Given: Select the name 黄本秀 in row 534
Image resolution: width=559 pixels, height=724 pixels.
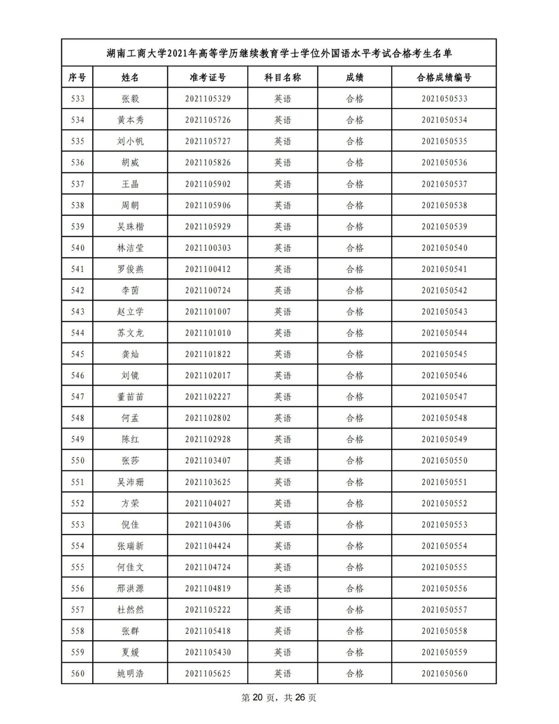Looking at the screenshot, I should coord(130,120).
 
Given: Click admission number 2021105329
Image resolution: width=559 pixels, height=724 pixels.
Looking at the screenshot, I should coord(208,99).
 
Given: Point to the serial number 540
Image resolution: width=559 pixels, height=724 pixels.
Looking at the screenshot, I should coord(78,248).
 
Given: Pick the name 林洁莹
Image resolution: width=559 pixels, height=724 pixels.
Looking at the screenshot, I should coord(130,248).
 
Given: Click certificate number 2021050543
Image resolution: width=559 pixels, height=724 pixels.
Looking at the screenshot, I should coord(444,312).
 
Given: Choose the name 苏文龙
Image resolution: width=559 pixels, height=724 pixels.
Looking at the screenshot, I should coord(130,333).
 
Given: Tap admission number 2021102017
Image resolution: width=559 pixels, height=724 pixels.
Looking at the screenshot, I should coord(208,376).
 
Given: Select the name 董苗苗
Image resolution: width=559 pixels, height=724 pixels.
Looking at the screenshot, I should coord(130,397).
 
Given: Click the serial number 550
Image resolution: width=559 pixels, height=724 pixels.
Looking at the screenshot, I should coord(78,461).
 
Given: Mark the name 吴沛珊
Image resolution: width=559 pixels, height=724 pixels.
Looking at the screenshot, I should coord(130,482).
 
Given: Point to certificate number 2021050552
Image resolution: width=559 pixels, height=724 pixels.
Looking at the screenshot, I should coord(444,503).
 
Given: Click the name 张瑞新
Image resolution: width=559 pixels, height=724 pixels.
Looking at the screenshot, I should coord(130,546).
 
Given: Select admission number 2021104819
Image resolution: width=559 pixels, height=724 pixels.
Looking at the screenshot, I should coord(208,588).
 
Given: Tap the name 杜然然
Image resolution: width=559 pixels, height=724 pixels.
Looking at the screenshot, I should coord(130,609).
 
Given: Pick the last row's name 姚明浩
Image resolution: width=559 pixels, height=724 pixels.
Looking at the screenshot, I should coord(130,674).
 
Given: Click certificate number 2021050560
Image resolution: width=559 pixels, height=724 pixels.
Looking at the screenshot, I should coord(444,674).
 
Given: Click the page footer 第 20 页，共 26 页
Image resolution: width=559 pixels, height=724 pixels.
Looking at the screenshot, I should coord(279,698).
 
